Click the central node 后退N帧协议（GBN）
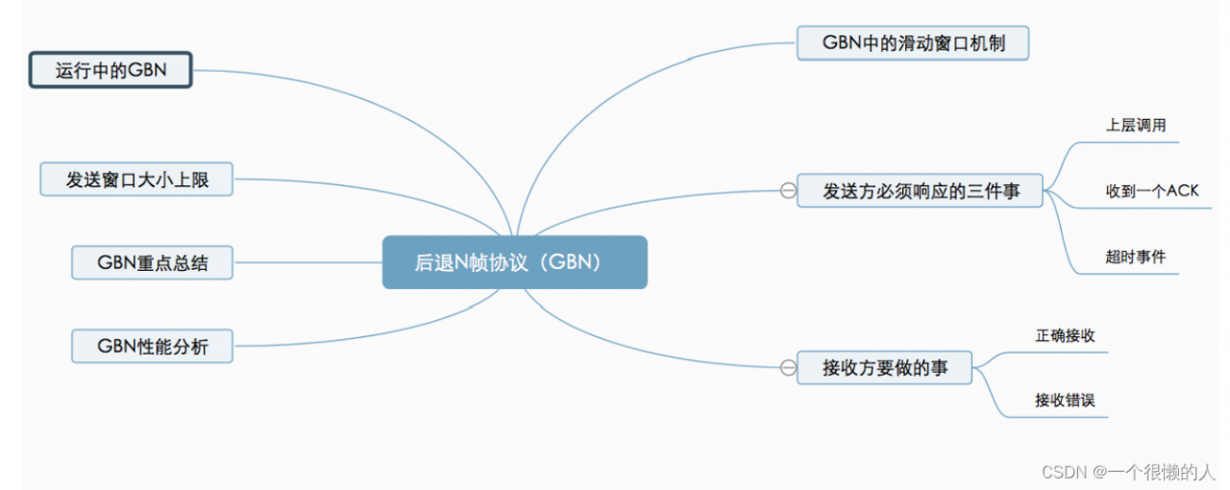pyautogui.click(x=515, y=262)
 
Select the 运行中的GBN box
pyautogui.click(x=111, y=71)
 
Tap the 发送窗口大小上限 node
pyautogui.click(x=136, y=180)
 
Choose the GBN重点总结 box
pyautogui.click(x=152, y=262)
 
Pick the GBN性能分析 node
pyautogui.click(x=152, y=346)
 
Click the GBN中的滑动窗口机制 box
pyautogui.click(x=913, y=43)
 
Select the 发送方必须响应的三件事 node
pyautogui.click(x=921, y=191)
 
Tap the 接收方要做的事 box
pyautogui.click(x=884, y=367)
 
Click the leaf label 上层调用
pyautogui.click(x=1136, y=125)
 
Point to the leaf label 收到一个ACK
pyautogui.click(x=1151, y=190)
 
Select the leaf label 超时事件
pyautogui.click(x=1136, y=257)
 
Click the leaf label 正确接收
pyautogui.click(x=1065, y=335)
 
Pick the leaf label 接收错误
pyautogui.click(x=1065, y=401)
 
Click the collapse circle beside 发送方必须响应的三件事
pyautogui.click(x=788, y=191)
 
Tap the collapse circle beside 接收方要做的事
pyautogui.click(x=788, y=367)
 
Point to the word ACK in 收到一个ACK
pyautogui.click(x=1182, y=190)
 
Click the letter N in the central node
pyautogui.click(x=463, y=262)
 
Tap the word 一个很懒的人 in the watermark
pyautogui.click(x=1162, y=472)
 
